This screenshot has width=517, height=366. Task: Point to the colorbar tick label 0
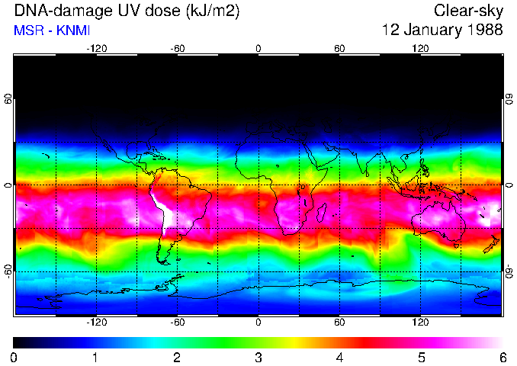[x=14, y=357]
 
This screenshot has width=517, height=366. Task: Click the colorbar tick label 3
[x=258, y=357]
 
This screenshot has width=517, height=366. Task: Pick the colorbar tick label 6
[x=502, y=357]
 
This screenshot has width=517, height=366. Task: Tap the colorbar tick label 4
[x=339, y=357]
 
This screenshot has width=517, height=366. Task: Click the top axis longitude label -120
[x=96, y=49]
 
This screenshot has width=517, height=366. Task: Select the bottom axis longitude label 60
[x=339, y=323]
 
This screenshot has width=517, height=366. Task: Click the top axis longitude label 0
[x=258, y=49]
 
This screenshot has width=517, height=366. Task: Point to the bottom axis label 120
[x=420, y=323]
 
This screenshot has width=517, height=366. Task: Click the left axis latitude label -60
[x=8, y=271]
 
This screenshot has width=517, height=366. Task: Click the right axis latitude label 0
[x=509, y=185]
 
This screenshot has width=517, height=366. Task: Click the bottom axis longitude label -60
[x=178, y=323]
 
